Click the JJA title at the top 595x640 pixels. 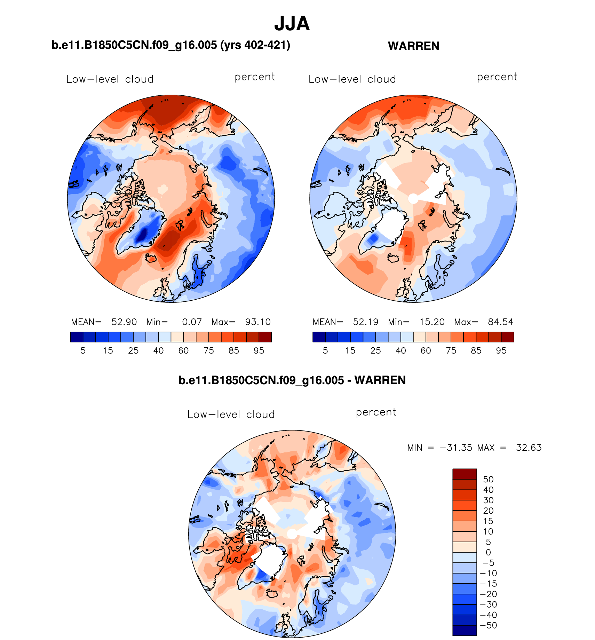292,24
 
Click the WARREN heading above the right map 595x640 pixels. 413,46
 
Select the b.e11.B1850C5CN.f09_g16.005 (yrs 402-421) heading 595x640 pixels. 171,45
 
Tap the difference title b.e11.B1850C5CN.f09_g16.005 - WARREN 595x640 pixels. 292,380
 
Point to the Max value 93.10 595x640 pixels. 258,322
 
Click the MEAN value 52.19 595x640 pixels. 365,322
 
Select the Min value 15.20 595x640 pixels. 432,322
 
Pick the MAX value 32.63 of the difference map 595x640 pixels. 529,448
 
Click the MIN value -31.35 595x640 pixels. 456,448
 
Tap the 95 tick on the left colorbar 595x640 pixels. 259,351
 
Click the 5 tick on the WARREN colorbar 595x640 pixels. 325,351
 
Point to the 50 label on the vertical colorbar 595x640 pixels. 488,479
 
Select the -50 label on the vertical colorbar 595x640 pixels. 488,625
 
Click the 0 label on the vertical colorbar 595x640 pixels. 488,552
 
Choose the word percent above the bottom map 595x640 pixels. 376,412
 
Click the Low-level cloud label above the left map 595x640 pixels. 110,79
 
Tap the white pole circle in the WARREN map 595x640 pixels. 413,199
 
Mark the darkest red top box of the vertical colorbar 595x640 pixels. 465,474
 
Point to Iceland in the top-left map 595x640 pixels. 151,258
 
